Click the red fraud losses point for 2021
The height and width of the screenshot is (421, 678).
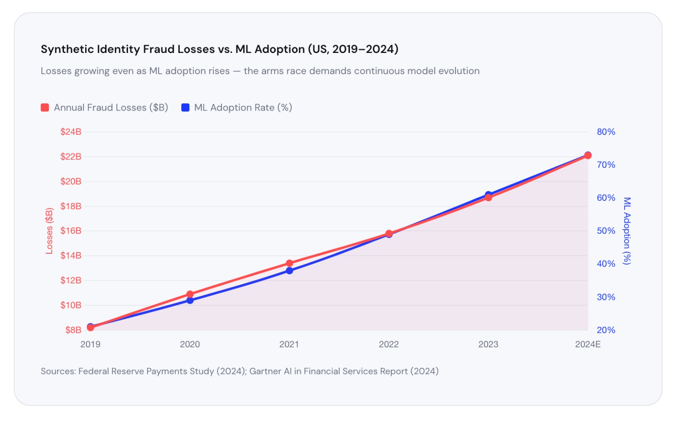point(289,263)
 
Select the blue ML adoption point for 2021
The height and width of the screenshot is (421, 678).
point(289,271)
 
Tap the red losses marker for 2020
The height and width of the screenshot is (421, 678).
point(190,294)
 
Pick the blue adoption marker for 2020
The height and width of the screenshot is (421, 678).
point(190,300)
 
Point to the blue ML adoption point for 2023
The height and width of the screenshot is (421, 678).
point(488,194)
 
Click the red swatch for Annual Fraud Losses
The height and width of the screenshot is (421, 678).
point(45,108)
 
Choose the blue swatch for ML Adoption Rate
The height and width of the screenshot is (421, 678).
point(185,108)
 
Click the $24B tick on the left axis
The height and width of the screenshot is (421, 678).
point(71,132)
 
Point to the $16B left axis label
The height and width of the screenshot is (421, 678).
point(71,231)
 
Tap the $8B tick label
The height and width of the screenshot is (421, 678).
point(73,330)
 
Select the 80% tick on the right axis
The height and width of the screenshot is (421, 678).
point(606,132)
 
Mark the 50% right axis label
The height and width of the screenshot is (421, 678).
point(606,231)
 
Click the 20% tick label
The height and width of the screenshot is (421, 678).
point(606,330)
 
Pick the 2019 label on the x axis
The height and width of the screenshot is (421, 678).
point(90,344)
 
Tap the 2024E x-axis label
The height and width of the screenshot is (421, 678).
point(588,344)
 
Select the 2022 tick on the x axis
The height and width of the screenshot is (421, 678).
point(389,344)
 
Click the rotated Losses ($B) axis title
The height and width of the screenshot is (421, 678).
point(50,231)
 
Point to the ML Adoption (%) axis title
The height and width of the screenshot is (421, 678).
point(627,231)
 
